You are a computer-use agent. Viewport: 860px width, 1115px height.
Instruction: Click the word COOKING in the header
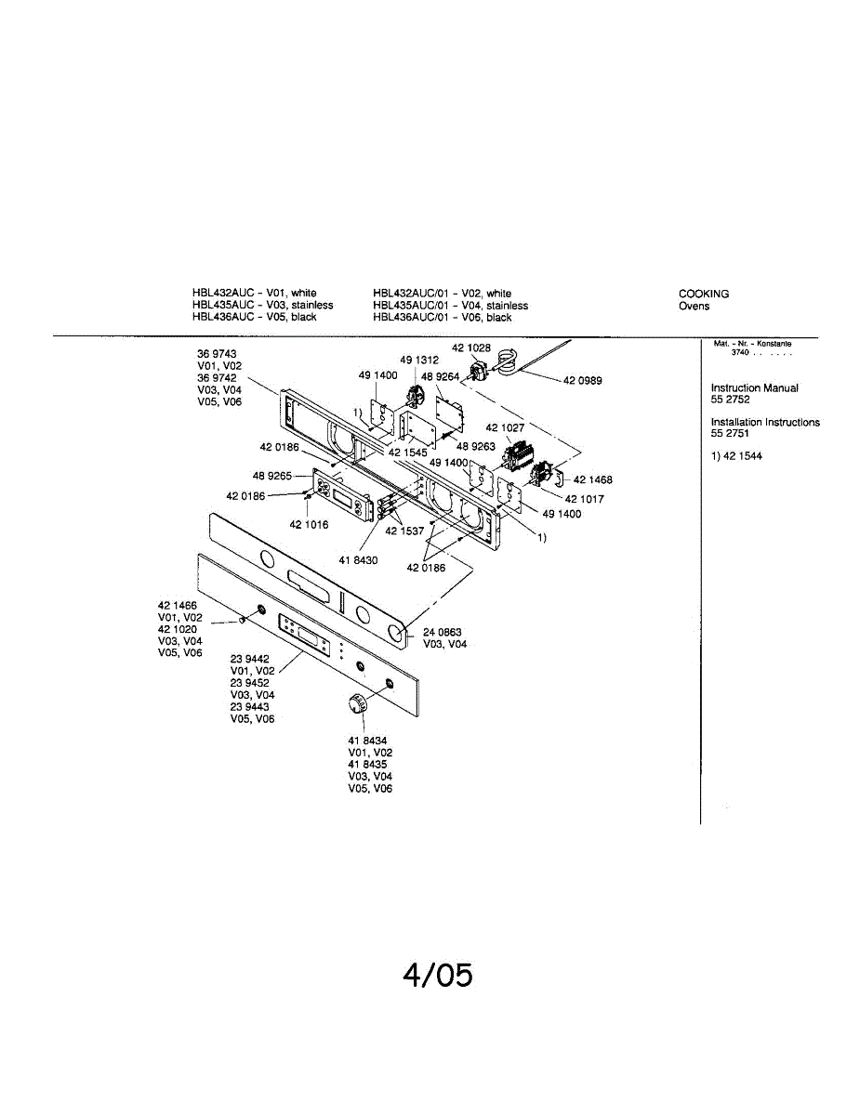[x=704, y=294]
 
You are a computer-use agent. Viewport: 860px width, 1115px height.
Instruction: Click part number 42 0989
[x=583, y=379]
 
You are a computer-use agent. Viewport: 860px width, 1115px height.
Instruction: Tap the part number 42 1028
[x=471, y=348]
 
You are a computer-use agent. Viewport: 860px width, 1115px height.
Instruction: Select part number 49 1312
[x=419, y=360]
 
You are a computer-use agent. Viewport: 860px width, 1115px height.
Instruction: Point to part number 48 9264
[x=440, y=376]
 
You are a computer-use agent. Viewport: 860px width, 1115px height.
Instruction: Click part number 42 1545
[x=408, y=453]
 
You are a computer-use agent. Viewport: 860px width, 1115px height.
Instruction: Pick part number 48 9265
[x=271, y=476]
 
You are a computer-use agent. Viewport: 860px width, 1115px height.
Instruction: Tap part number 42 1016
[x=309, y=525]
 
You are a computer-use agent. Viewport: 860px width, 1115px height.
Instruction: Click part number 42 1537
[x=405, y=531]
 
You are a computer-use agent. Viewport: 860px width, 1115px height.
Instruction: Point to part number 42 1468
[x=593, y=480]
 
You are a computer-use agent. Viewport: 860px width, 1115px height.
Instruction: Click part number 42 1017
[x=585, y=499]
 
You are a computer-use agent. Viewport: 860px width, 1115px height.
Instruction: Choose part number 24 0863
[x=443, y=633]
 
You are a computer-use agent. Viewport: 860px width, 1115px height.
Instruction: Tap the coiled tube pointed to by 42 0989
[x=507, y=360]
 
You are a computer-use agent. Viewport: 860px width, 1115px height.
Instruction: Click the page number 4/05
[x=438, y=975]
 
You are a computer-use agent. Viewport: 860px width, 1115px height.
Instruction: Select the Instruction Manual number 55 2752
[x=731, y=400]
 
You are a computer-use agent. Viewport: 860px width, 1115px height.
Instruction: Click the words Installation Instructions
[x=765, y=422]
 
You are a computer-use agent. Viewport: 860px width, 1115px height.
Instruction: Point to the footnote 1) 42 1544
[x=736, y=456]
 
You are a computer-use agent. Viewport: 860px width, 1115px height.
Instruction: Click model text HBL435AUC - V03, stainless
[x=262, y=305]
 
